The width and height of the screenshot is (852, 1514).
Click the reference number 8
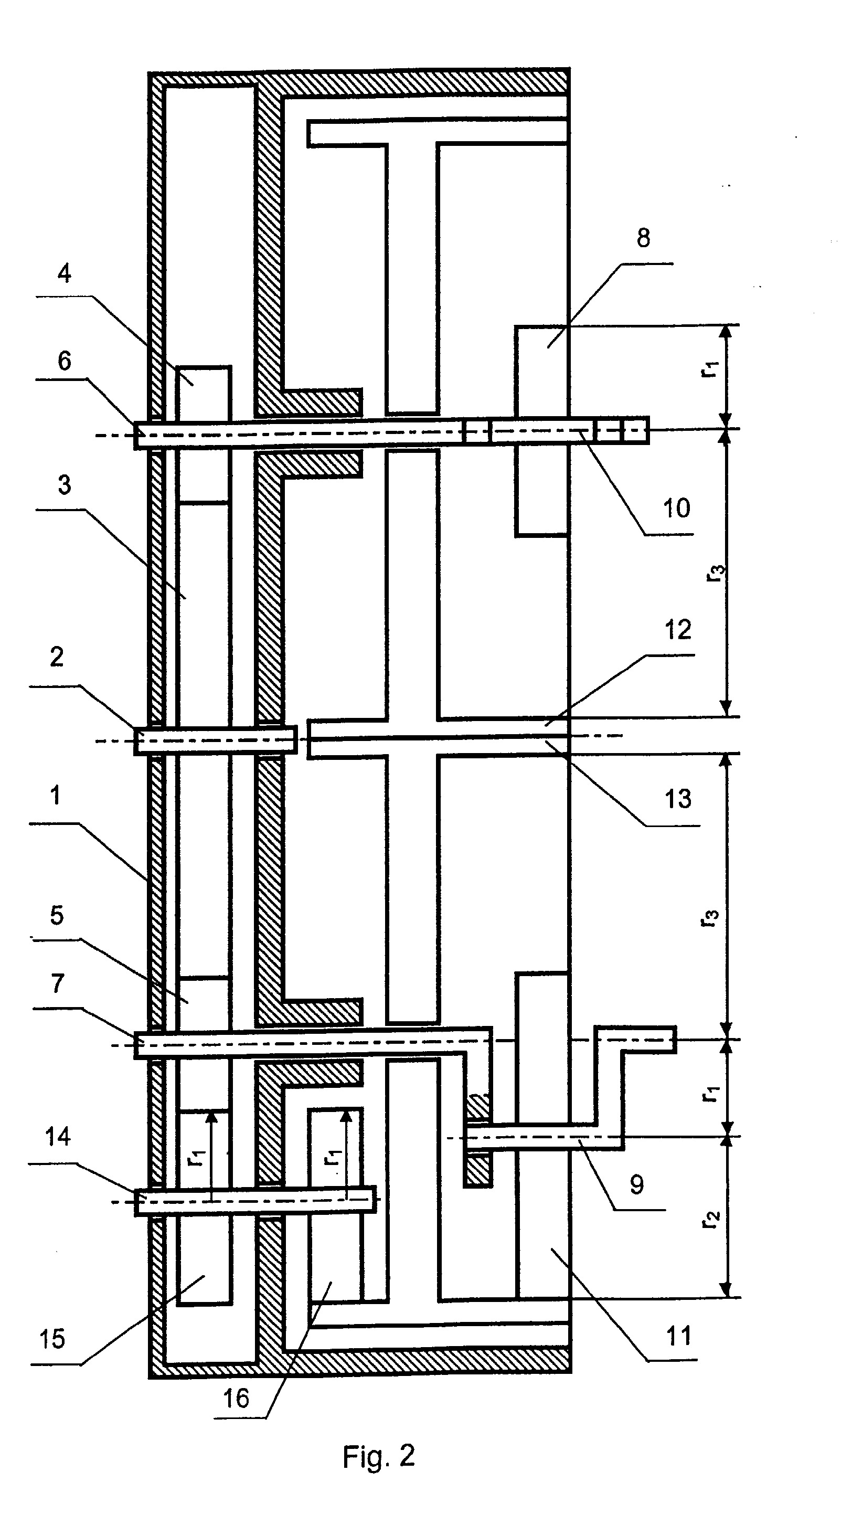[643, 238]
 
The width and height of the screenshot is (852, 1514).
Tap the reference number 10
[676, 508]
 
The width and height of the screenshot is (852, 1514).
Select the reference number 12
[677, 630]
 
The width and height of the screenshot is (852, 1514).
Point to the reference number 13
[677, 799]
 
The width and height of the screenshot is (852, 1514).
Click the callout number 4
[64, 273]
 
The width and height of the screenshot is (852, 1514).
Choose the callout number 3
[64, 485]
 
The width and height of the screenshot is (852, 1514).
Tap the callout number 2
[57, 657]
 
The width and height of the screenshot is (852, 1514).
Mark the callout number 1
[55, 795]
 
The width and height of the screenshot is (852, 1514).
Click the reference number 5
[57, 915]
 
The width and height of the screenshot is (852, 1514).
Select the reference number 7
[57, 983]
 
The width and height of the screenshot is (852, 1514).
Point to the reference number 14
[58, 1137]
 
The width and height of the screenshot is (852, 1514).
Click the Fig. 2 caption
[379, 1457]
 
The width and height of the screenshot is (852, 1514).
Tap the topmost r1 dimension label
[710, 368]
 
